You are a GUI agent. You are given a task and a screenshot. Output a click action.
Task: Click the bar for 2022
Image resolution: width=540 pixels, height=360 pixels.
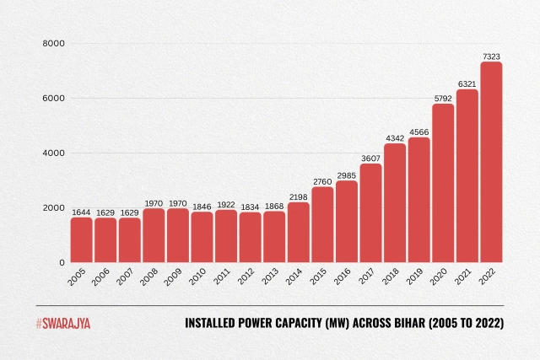pyautogui.click(x=491, y=162)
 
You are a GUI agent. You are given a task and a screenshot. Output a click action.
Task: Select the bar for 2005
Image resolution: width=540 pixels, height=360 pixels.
pyautogui.click(x=81, y=239)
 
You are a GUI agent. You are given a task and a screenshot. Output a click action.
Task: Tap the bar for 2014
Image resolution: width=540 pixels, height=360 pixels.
pyautogui.click(x=298, y=232)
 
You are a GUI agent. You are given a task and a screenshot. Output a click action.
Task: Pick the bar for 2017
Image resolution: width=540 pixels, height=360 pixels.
pyautogui.click(x=370, y=212)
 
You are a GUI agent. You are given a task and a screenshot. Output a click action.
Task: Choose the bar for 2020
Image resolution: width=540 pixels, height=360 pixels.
pyautogui.click(x=443, y=183)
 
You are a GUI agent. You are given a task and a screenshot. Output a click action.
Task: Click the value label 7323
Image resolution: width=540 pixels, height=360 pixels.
pyautogui.click(x=491, y=56)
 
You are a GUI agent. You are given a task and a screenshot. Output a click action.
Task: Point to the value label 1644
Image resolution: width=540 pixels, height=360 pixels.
pyautogui.click(x=81, y=212)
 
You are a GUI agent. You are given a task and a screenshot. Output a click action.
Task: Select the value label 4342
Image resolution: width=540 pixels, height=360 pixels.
pyautogui.click(x=395, y=137)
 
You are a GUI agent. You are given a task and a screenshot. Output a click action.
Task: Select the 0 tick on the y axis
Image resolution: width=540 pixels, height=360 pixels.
pyautogui.click(x=62, y=263)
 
